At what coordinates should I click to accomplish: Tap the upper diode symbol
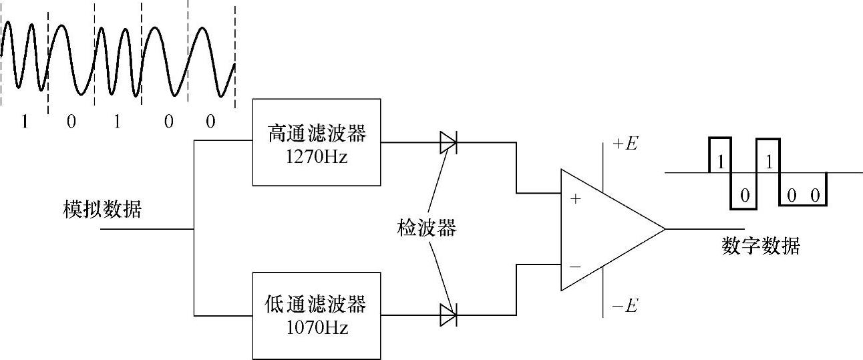tap(448, 142)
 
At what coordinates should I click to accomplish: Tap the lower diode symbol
tap(448, 315)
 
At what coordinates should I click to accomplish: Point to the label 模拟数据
tap(102, 210)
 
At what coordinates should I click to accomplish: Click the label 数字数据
tap(761, 246)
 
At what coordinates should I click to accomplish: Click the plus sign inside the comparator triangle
tap(576, 198)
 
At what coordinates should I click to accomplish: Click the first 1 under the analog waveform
tap(25, 122)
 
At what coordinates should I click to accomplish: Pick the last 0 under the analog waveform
tap(210, 122)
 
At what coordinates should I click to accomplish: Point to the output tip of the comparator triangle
tap(665, 229)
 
